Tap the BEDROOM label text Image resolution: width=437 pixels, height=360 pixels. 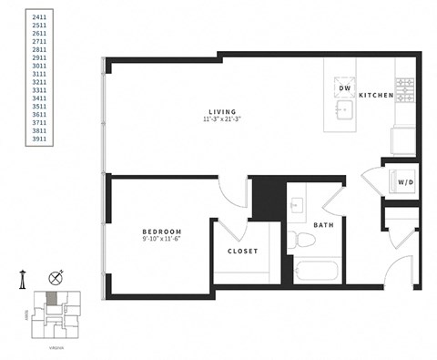(162, 231)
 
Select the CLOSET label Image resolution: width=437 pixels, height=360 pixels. (243, 252)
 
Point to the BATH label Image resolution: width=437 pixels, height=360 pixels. (323, 225)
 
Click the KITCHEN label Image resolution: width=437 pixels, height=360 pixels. (376, 95)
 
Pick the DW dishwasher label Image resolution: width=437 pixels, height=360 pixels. (345, 89)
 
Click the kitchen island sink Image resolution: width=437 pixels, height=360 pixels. (344, 110)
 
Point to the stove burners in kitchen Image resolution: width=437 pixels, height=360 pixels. (404, 88)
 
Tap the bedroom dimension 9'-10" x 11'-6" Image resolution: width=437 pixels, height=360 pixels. (162, 241)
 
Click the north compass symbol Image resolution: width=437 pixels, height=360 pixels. (56, 277)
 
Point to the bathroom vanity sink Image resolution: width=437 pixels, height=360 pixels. (298, 205)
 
